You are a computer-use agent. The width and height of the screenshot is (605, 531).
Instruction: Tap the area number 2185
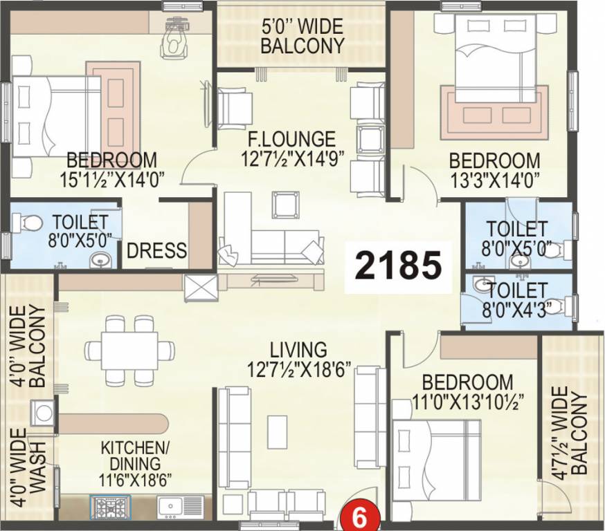pos(398,265)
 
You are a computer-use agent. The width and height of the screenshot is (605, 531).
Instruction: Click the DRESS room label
pos(156,250)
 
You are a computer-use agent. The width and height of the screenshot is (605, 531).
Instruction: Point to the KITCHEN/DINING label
pos(131,455)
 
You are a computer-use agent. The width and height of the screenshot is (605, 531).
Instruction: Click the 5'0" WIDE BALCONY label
pos(301,37)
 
